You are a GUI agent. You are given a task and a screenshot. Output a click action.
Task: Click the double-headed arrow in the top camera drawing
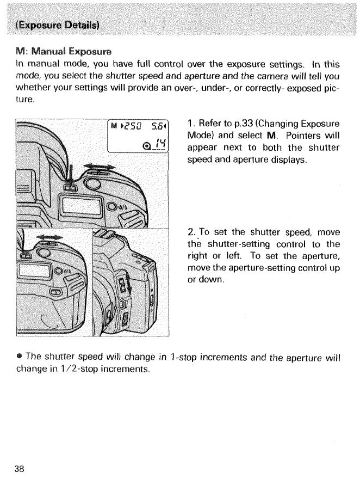tap(101, 167)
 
